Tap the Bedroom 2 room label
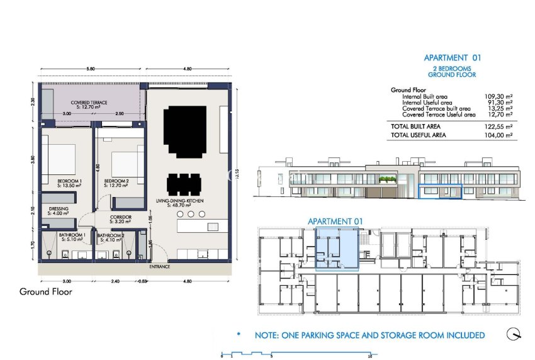(x=116, y=184)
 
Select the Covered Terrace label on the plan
(x=89, y=104)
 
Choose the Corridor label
(x=119, y=220)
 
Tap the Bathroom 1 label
(x=67, y=237)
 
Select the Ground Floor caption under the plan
(x=46, y=291)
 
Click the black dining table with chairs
(x=185, y=184)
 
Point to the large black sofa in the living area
(x=184, y=132)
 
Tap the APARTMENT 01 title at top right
(x=452, y=57)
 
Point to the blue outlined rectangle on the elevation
(x=440, y=191)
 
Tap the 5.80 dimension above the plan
(x=91, y=68)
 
